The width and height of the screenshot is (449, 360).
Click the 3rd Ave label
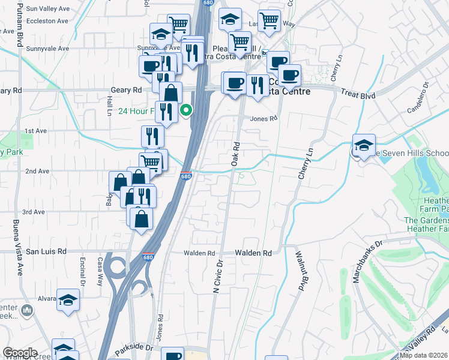[x=34, y=212]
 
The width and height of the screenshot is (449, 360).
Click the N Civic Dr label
[x=218, y=276]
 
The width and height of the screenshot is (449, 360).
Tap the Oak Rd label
[x=236, y=154]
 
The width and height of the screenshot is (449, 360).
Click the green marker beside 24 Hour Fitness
[x=187, y=110]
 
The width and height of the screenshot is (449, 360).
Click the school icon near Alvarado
[x=68, y=299]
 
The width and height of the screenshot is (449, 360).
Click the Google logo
[x=20, y=353]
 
